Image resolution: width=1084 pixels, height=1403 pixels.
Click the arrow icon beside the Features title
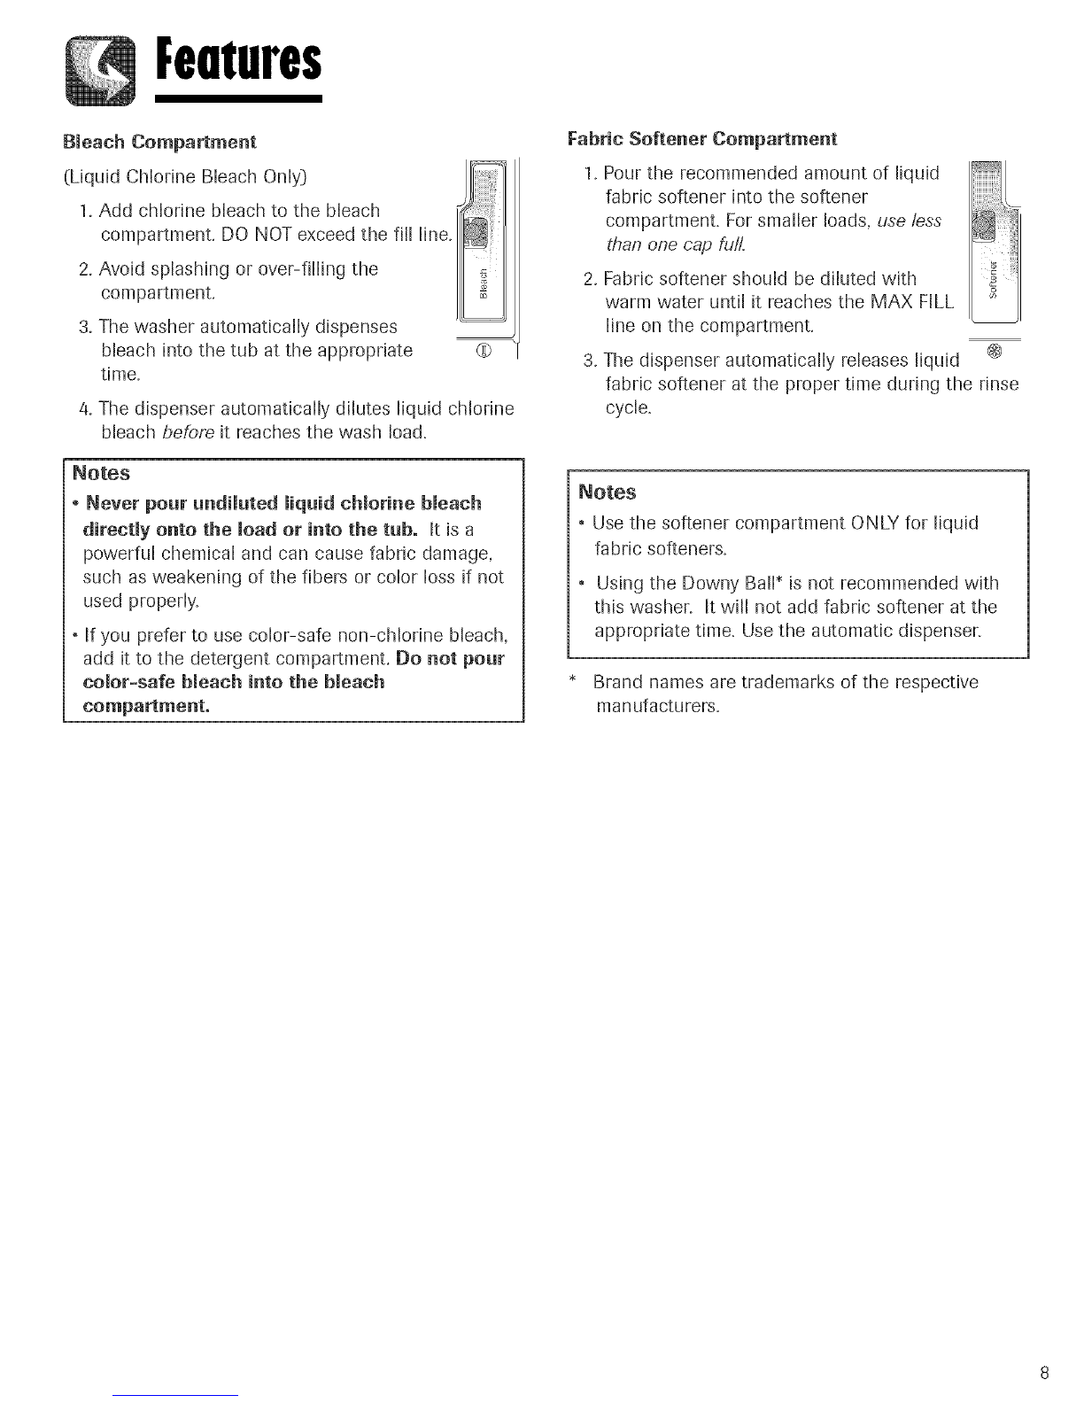click(101, 71)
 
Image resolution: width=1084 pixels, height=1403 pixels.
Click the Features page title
click(239, 61)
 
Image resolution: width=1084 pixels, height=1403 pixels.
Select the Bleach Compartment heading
click(159, 142)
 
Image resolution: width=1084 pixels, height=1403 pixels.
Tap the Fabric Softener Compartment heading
click(701, 139)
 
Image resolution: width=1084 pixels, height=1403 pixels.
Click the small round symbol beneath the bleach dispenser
click(484, 352)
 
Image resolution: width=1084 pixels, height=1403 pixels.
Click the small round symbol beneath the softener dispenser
click(995, 352)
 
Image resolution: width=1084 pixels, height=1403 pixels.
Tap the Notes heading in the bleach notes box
click(101, 473)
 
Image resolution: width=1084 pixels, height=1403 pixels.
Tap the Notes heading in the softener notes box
click(608, 492)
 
